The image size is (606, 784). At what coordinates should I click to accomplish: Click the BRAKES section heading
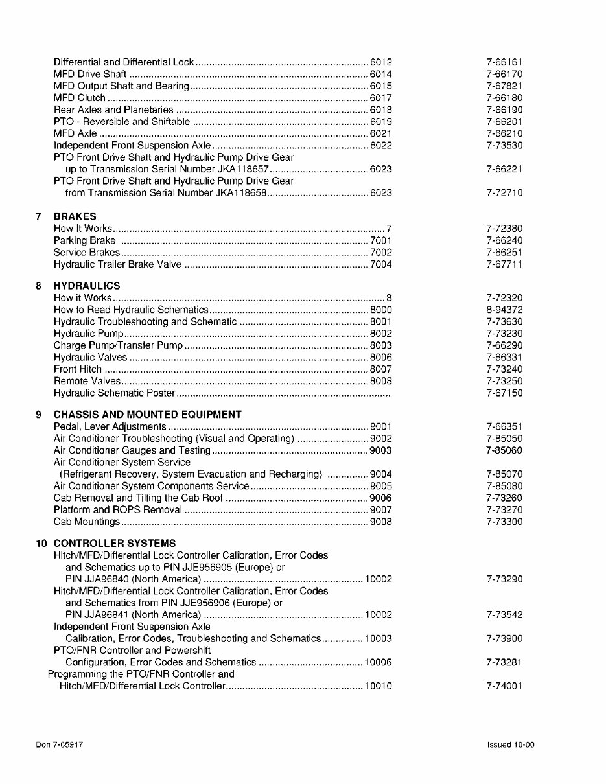pyautogui.click(x=75, y=216)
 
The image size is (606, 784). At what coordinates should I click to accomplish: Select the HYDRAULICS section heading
pyautogui.click(x=87, y=286)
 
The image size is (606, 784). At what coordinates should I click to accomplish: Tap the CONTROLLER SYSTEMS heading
pyautogui.click(x=114, y=544)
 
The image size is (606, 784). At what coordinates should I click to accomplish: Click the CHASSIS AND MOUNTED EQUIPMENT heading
pyautogui.click(x=147, y=415)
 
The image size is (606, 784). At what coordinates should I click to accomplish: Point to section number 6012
pyautogui.click(x=381, y=62)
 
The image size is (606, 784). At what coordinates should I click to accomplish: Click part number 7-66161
pyautogui.click(x=504, y=62)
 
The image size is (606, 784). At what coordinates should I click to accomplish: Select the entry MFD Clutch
pyautogui.click(x=79, y=98)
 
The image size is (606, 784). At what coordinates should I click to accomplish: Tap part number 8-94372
pyautogui.click(x=504, y=310)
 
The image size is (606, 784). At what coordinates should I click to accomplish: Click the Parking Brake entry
pyautogui.click(x=84, y=240)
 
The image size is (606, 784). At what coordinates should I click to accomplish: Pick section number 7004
pyautogui.click(x=381, y=264)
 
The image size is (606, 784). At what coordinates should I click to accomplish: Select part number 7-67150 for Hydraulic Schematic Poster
pyautogui.click(x=504, y=393)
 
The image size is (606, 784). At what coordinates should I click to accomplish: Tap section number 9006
pyautogui.click(x=381, y=498)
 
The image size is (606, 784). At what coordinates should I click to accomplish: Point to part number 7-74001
pyautogui.click(x=504, y=686)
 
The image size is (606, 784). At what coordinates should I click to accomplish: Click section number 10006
pyautogui.click(x=379, y=662)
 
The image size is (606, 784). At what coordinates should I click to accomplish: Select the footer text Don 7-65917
pyautogui.click(x=59, y=745)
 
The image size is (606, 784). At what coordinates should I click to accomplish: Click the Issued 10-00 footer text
pyautogui.click(x=511, y=745)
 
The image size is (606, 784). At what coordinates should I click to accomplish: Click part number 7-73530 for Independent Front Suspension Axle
pyautogui.click(x=504, y=146)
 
